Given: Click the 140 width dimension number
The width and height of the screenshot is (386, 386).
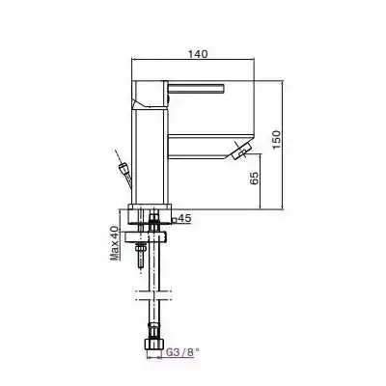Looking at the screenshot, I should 197,56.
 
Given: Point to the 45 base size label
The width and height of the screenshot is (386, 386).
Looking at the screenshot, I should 185,219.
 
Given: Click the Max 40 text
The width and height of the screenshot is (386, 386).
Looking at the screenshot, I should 114,243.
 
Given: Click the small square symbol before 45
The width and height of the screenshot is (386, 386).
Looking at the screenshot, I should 175,219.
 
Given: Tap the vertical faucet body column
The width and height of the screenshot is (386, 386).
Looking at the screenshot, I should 150,154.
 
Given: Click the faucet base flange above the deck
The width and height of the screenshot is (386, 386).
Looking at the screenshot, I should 151,213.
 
